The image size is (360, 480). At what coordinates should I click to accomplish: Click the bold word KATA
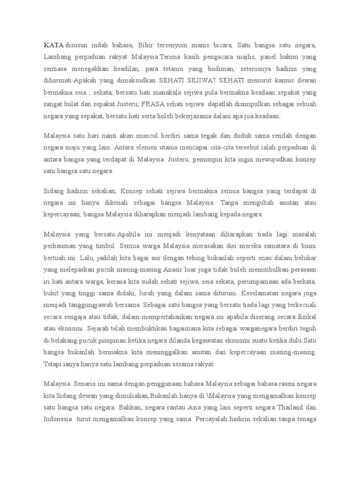point(54,45)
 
